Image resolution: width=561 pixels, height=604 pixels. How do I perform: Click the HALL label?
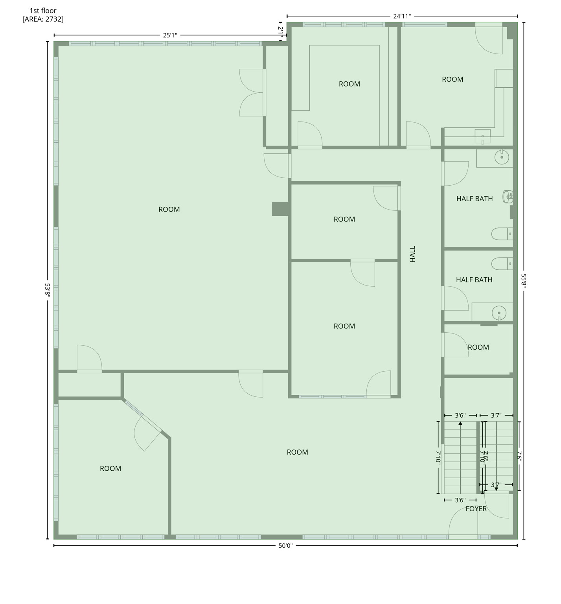point(412,254)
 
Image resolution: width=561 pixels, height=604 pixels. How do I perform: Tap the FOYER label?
point(476,509)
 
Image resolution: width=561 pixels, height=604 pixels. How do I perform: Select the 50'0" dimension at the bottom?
point(286,546)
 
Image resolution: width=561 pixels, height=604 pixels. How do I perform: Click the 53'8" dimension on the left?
point(48,290)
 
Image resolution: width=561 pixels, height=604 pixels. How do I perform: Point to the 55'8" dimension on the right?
point(524,281)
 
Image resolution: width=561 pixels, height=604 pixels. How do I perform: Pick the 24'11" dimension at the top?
point(402,16)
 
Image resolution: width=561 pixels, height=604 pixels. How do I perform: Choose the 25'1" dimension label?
point(170,35)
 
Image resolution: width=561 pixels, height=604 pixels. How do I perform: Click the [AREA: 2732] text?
point(43,19)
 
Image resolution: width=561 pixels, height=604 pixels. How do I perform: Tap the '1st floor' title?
point(43,11)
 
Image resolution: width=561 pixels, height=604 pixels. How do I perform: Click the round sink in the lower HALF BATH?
point(499,313)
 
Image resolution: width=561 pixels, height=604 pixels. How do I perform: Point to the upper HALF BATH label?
point(475,199)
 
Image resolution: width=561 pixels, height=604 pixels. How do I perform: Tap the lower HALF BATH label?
point(474,280)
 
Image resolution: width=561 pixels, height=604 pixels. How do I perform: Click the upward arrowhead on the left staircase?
point(460,424)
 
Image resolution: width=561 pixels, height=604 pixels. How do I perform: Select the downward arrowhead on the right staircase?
point(496,489)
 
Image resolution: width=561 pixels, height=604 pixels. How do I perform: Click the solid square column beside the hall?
point(281,209)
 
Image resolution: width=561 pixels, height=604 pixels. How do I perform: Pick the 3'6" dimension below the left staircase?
point(460,501)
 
